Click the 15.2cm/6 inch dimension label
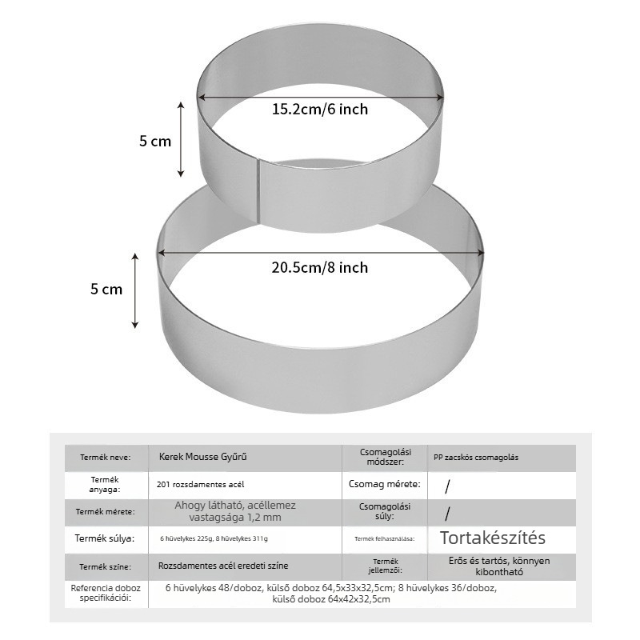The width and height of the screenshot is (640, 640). pos(320,110)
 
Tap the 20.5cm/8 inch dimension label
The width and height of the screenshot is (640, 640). pos(320,268)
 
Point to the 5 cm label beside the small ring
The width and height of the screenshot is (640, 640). pos(155,142)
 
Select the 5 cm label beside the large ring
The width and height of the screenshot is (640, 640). pos(106,290)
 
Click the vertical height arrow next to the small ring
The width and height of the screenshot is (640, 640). pos(181,139)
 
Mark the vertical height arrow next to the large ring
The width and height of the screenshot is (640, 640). pos(135,290)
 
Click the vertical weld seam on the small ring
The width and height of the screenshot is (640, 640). pos(258,191)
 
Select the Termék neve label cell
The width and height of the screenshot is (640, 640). pos(106,457)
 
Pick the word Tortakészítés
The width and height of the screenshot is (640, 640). pos(493,538)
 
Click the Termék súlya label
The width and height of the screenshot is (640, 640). pos(105,538)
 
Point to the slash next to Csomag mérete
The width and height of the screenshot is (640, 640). pos(448,486)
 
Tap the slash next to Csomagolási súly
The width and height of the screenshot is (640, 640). pos(448,514)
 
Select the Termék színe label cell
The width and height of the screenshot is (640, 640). pos(106,567)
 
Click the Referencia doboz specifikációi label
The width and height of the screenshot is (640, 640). pos(106,593)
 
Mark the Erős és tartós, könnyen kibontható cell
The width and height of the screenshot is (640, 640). pos(499,566)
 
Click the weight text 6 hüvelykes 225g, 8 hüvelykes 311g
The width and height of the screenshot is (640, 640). pos(214,538)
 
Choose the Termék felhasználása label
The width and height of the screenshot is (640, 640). pos(385,538)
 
